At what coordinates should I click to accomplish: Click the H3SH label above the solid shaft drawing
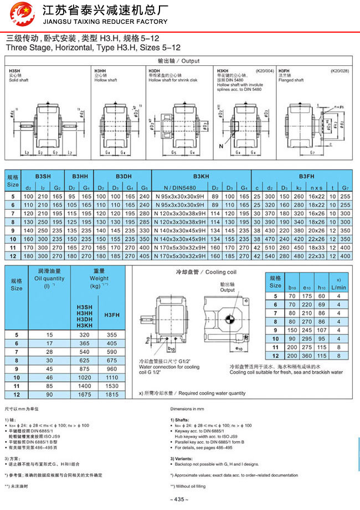pyautogui.click(x=13, y=71)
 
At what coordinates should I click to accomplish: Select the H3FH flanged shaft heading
pyautogui.click(x=284, y=71)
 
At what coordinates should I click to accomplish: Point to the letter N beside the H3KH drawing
pyautogui.click(x=220, y=146)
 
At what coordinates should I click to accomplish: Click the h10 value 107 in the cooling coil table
pyautogui.click(x=322, y=330)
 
